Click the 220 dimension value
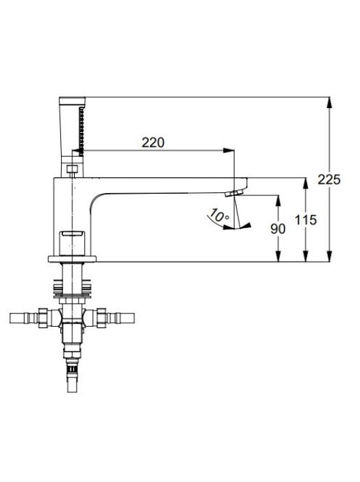(x=153, y=142)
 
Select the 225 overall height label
(x=329, y=179)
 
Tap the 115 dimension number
(x=306, y=220)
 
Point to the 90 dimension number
(x=278, y=229)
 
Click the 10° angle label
(x=218, y=215)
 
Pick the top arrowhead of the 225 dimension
(x=330, y=102)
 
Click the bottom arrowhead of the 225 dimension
(x=330, y=257)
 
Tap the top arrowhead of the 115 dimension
(x=306, y=183)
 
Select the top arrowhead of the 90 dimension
(x=278, y=200)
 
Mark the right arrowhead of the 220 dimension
(x=229, y=150)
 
